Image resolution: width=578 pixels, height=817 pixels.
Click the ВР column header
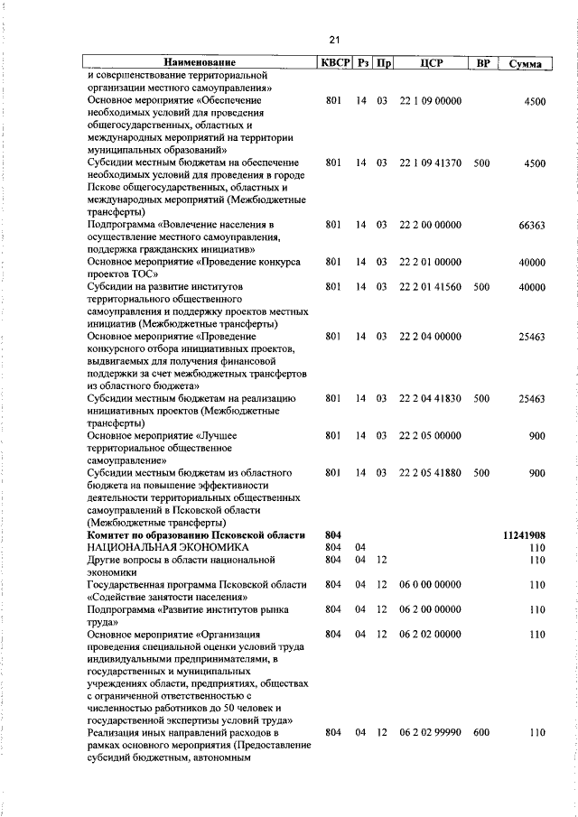(483, 64)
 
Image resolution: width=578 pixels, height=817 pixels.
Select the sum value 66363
(531, 226)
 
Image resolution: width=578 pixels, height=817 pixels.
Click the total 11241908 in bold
(523, 535)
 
